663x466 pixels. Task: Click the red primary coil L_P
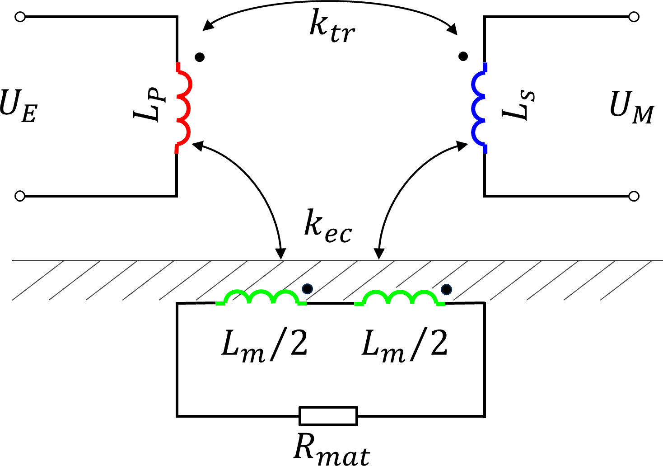click(182, 108)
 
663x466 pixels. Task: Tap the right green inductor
click(400, 298)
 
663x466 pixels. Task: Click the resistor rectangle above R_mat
click(328, 416)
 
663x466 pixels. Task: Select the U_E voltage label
click(18, 108)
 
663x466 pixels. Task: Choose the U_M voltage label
click(631, 109)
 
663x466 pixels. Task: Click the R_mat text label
click(332, 450)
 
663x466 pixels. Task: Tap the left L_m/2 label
click(264, 345)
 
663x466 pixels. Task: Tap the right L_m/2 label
click(405, 345)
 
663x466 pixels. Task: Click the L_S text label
click(518, 107)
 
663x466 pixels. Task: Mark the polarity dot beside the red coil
click(200, 57)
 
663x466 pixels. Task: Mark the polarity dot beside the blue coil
click(463, 56)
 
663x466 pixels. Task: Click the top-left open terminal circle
click(19, 17)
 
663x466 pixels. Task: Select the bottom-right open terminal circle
click(634, 196)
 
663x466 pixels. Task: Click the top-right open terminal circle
click(634, 17)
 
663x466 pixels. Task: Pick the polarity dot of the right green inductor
click(446, 289)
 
